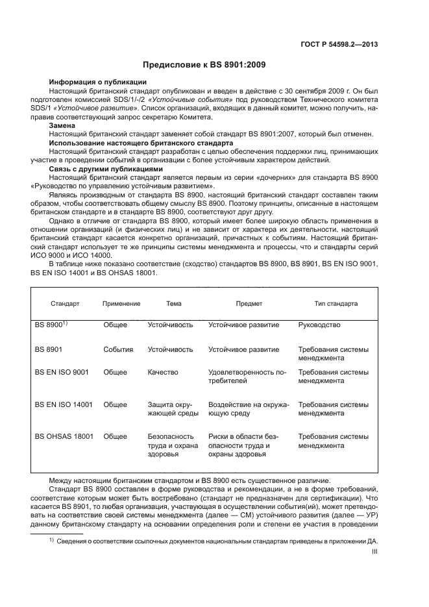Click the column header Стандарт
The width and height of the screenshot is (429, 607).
pyautogui.click(x=65, y=303)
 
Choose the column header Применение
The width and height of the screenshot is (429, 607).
pyautogui.click(x=121, y=303)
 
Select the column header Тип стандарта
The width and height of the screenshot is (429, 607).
pyautogui.click(x=336, y=303)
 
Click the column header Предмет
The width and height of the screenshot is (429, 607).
pyautogui.click(x=249, y=303)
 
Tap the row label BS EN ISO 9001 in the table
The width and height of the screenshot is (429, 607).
pyautogui.click(x=62, y=373)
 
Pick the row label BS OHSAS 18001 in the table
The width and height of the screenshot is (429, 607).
pyautogui.click(x=63, y=437)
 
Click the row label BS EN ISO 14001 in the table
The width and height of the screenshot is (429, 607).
pyautogui.click(x=64, y=404)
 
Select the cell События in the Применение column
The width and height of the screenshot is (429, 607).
pyautogui.click(x=118, y=349)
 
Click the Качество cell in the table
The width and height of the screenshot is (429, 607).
pyautogui.click(x=164, y=373)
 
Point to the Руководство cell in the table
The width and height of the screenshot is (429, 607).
pyautogui.click(x=319, y=325)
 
